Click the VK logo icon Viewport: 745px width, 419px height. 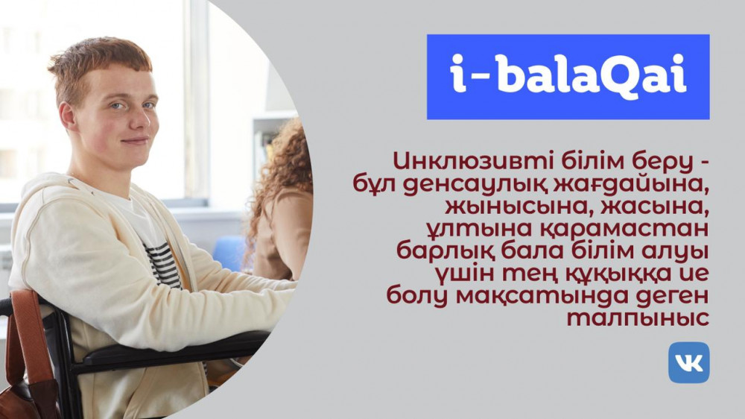click(x=688, y=362)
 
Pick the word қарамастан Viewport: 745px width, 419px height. click(x=624, y=229)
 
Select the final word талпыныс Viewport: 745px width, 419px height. click(x=638, y=318)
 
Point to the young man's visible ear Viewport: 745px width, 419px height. click(x=68, y=116)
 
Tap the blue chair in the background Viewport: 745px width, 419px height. click(x=231, y=253)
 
